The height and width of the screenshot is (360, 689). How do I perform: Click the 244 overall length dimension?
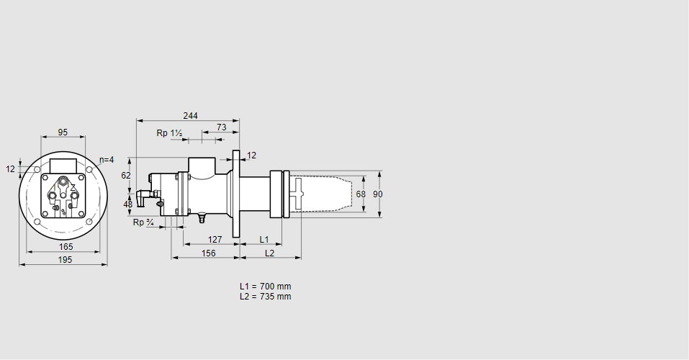click(x=190, y=115)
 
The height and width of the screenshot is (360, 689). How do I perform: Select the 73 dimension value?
click(x=221, y=127)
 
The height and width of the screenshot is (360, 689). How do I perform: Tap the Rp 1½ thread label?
click(x=169, y=133)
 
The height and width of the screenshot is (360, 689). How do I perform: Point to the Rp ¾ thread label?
click(x=143, y=222)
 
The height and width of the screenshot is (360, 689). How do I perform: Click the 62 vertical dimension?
click(x=126, y=175)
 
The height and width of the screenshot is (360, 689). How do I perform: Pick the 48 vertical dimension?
click(x=128, y=204)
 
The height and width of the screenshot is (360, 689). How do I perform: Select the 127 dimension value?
click(x=215, y=239)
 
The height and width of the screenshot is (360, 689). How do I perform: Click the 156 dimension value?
click(x=208, y=253)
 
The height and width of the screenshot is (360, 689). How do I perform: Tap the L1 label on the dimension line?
click(x=264, y=239)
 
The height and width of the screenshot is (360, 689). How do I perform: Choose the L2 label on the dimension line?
click(x=269, y=253)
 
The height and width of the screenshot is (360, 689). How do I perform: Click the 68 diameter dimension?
click(x=361, y=194)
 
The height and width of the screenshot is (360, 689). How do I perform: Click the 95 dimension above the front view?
click(x=63, y=132)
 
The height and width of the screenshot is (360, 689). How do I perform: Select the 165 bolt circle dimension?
click(x=66, y=247)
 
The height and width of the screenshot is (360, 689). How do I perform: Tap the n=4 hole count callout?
click(x=106, y=159)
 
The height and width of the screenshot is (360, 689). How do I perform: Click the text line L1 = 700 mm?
click(x=265, y=287)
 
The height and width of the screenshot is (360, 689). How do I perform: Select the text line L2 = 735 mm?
click(x=265, y=296)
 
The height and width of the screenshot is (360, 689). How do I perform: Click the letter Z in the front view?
click(x=73, y=187)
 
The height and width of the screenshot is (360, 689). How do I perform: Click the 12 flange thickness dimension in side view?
click(x=251, y=156)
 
